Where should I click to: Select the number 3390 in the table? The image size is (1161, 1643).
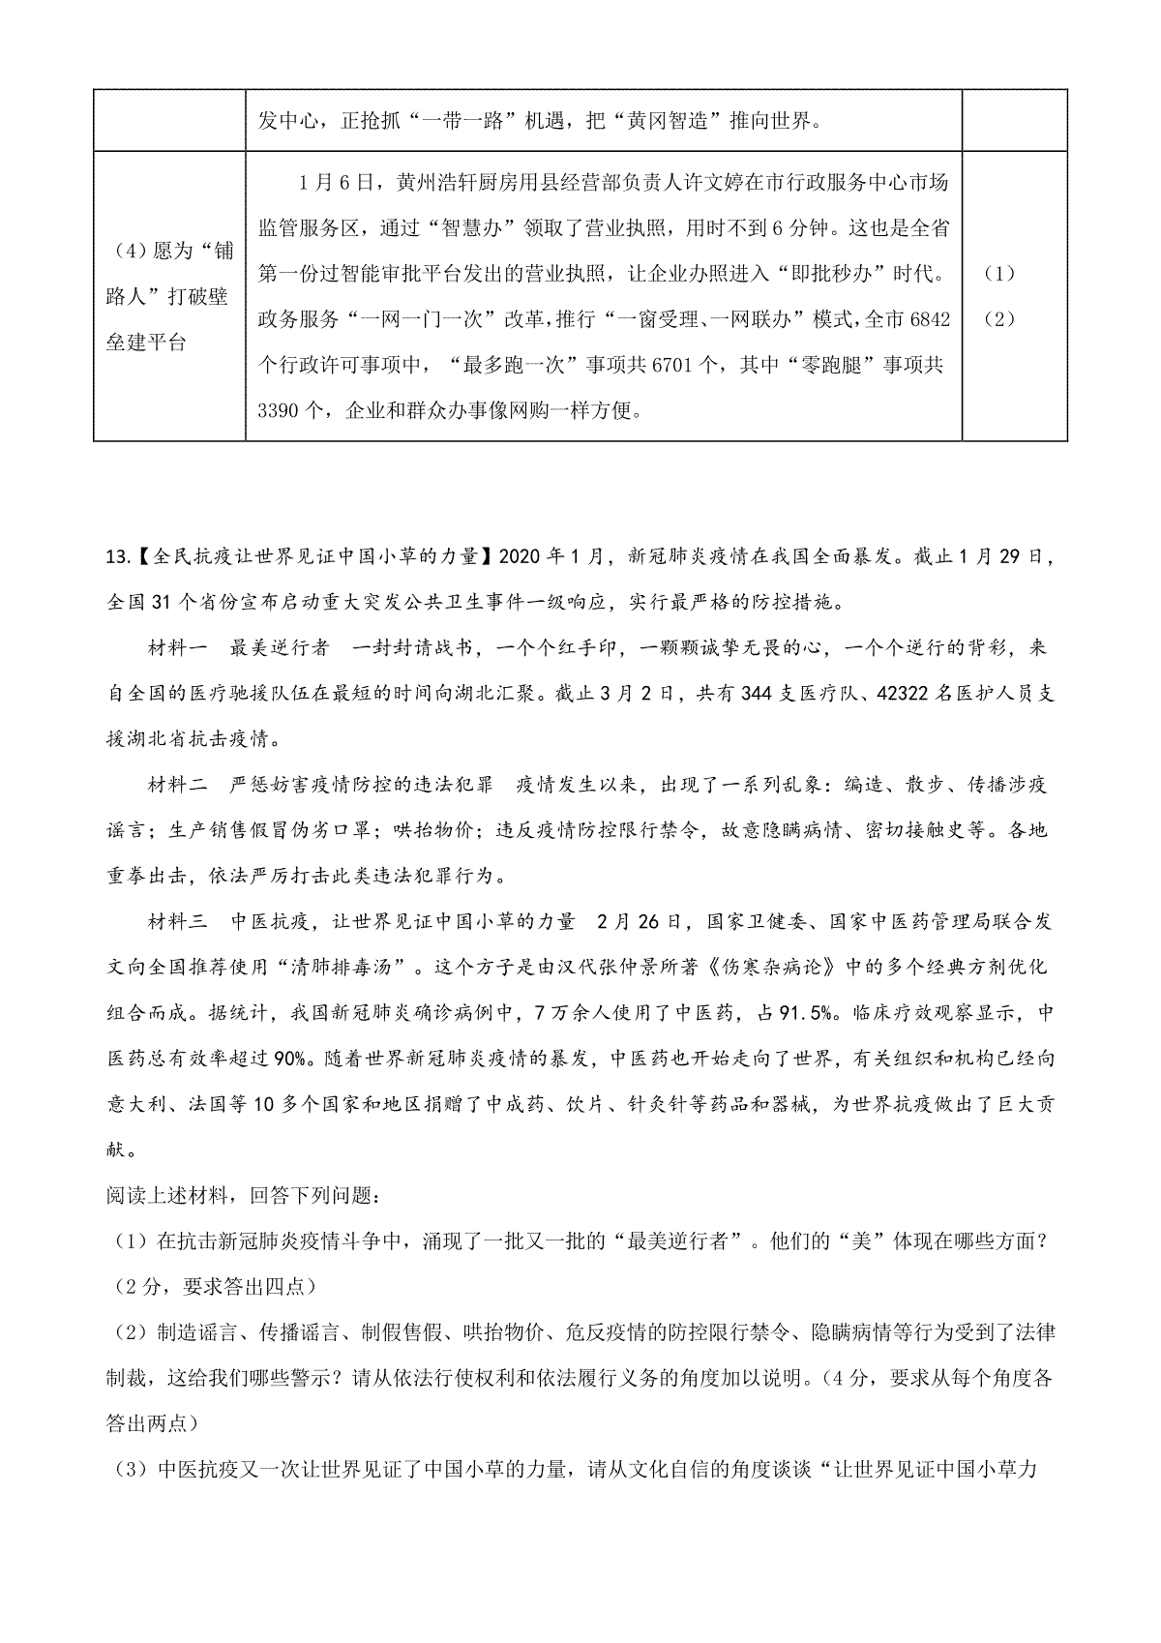281,410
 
